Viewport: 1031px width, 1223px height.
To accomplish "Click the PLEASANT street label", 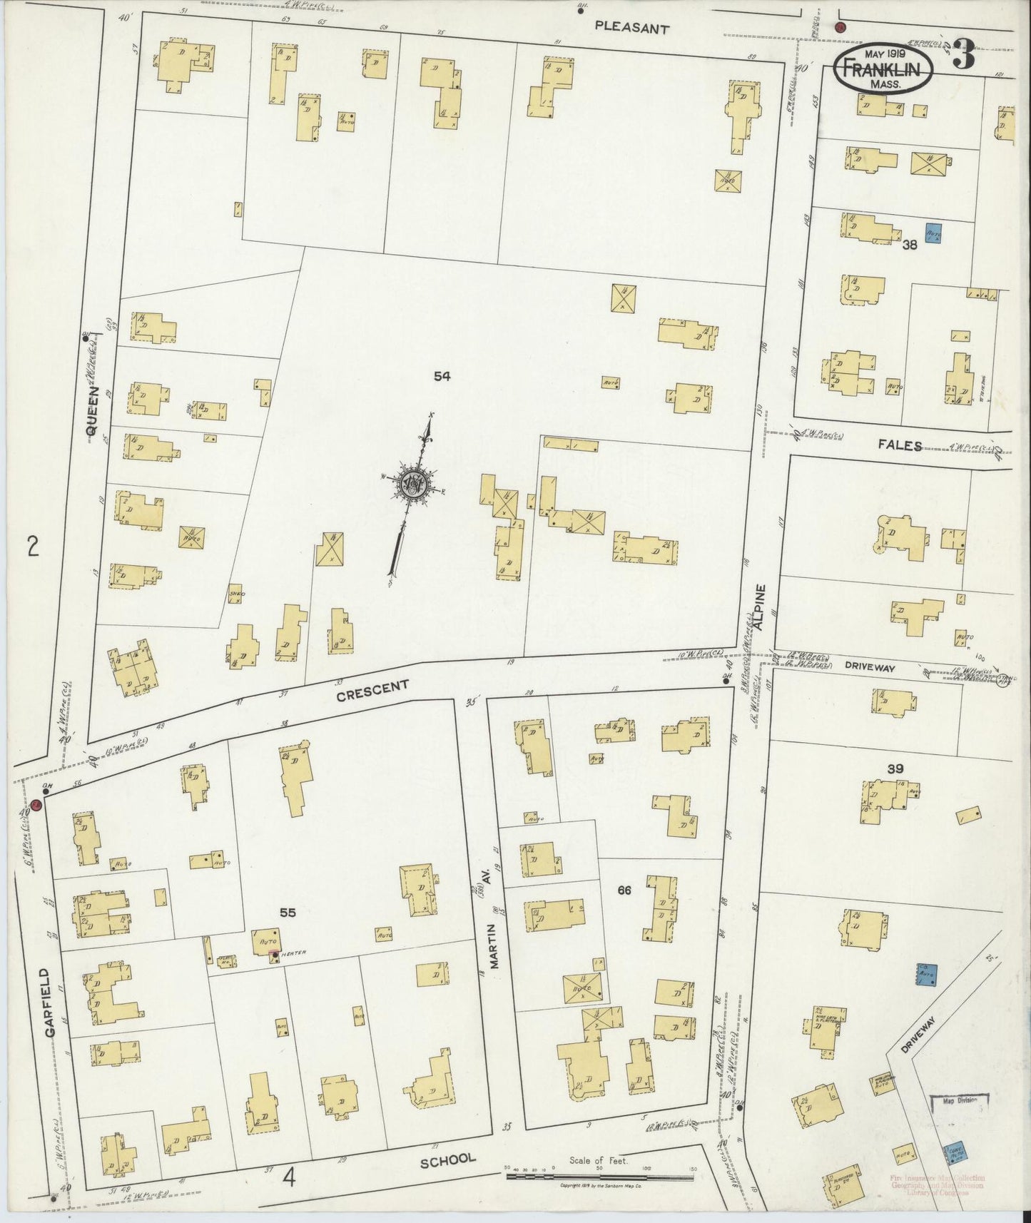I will tap(632, 29).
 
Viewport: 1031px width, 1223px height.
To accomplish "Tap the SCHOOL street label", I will tap(447, 1160).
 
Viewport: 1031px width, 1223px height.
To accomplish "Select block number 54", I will tap(442, 377).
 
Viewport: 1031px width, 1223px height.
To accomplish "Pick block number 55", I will tap(288, 912).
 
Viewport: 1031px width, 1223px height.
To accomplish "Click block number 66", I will tap(624, 890).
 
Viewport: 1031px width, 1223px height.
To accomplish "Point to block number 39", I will tap(895, 768).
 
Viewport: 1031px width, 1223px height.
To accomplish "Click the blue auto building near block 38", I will tap(933, 233).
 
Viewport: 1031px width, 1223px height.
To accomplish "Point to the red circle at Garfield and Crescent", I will tap(35, 805).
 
